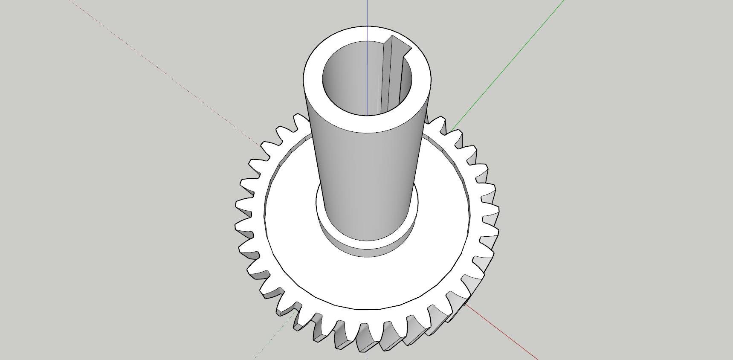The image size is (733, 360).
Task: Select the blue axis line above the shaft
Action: tap(367, 13)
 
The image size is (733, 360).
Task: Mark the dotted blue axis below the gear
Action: tap(367, 356)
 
